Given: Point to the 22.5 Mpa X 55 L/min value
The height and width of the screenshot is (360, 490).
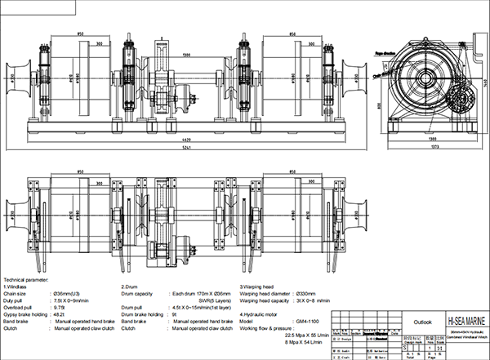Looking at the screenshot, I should [305, 335].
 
